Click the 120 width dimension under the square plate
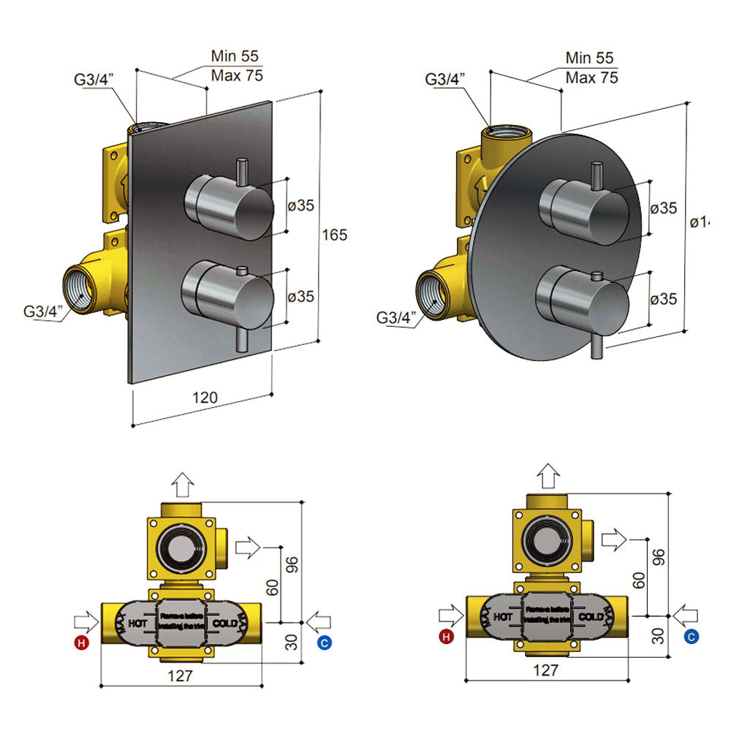pyautogui.click(x=205, y=398)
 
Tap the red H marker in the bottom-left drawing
pyautogui.click(x=81, y=643)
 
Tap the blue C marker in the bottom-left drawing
pyautogui.click(x=325, y=643)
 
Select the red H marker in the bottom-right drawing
pyautogui.click(x=447, y=637)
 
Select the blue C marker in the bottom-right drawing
pyautogui.click(x=691, y=637)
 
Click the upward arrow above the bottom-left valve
pyautogui.click(x=182, y=483)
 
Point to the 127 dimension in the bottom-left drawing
pyautogui.click(x=180, y=675)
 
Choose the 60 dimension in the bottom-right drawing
pyautogui.click(x=638, y=581)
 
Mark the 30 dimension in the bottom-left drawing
pyautogui.click(x=292, y=641)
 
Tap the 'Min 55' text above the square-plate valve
pyautogui.click(x=235, y=56)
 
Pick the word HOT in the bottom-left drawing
pyautogui.click(x=139, y=623)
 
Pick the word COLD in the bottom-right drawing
pyautogui.click(x=591, y=617)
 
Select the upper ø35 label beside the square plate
pyautogui.click(x=300, y=205)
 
